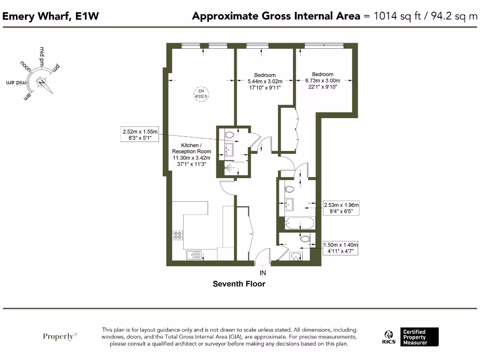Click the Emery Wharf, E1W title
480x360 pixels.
[x=51, y=16]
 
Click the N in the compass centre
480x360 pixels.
[x=42, y=82]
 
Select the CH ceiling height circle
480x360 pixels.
[x=201, y=93]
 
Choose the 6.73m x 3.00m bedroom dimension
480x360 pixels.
[x=322, y=81]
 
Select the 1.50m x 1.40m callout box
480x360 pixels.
[x=341, y=248]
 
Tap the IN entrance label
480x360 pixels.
[x=262, y=273]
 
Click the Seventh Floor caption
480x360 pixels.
[x=239, y=284]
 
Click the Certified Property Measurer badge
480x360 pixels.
[x=420, y=337]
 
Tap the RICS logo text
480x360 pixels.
[x=389, y=342]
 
